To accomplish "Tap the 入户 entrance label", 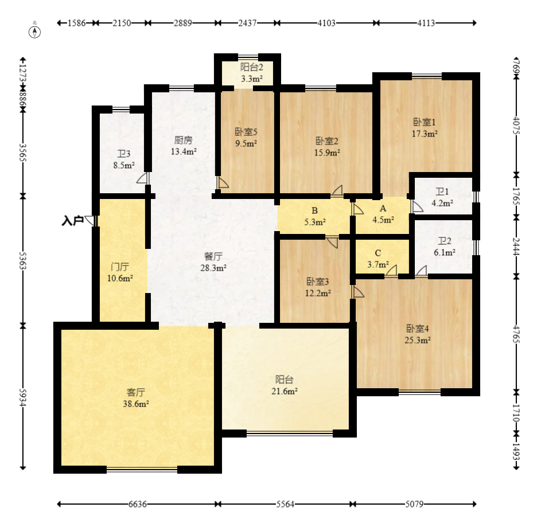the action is pos(72,221).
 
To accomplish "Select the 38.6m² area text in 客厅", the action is pos(136,404).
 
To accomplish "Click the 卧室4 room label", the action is pos(418,329).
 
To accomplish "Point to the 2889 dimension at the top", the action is pos(183,23).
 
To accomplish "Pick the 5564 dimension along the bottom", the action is pos(285,504).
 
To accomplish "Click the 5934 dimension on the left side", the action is pos(23,397).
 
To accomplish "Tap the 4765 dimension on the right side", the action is pos(516,334).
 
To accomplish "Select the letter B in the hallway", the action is pos(315,210).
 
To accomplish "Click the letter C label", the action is pos(378,253).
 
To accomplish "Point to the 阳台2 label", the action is pos(252,67).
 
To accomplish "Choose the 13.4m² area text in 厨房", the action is pos(184,151).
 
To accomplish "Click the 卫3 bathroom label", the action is pos(124,154).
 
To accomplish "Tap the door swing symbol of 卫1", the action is pos(417,206).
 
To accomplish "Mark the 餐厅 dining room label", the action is pos(213,256).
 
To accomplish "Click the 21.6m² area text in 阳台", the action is pos(285,392).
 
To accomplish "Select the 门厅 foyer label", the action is pos(120,267).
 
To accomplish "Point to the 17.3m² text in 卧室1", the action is pos(425,134).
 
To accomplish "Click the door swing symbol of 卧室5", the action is pos(222,182).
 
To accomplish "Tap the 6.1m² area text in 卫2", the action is pos(445,253).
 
